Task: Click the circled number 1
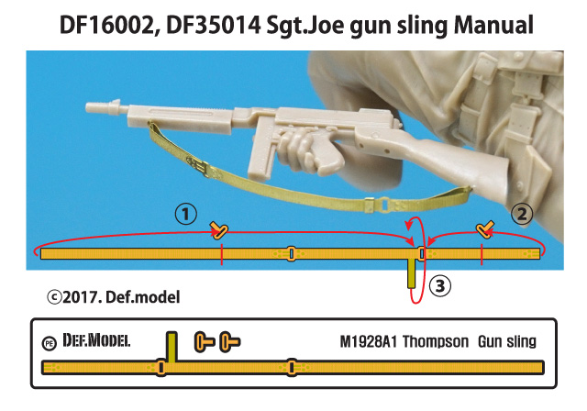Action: coord(187,214)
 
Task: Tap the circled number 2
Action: coord(521,215)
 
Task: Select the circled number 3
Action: coord(441,286)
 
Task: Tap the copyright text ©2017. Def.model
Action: coord(115,296)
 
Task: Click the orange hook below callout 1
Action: coord(218,228)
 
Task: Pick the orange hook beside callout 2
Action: coord(485,228)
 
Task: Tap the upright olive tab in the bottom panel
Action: coord(171,346)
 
